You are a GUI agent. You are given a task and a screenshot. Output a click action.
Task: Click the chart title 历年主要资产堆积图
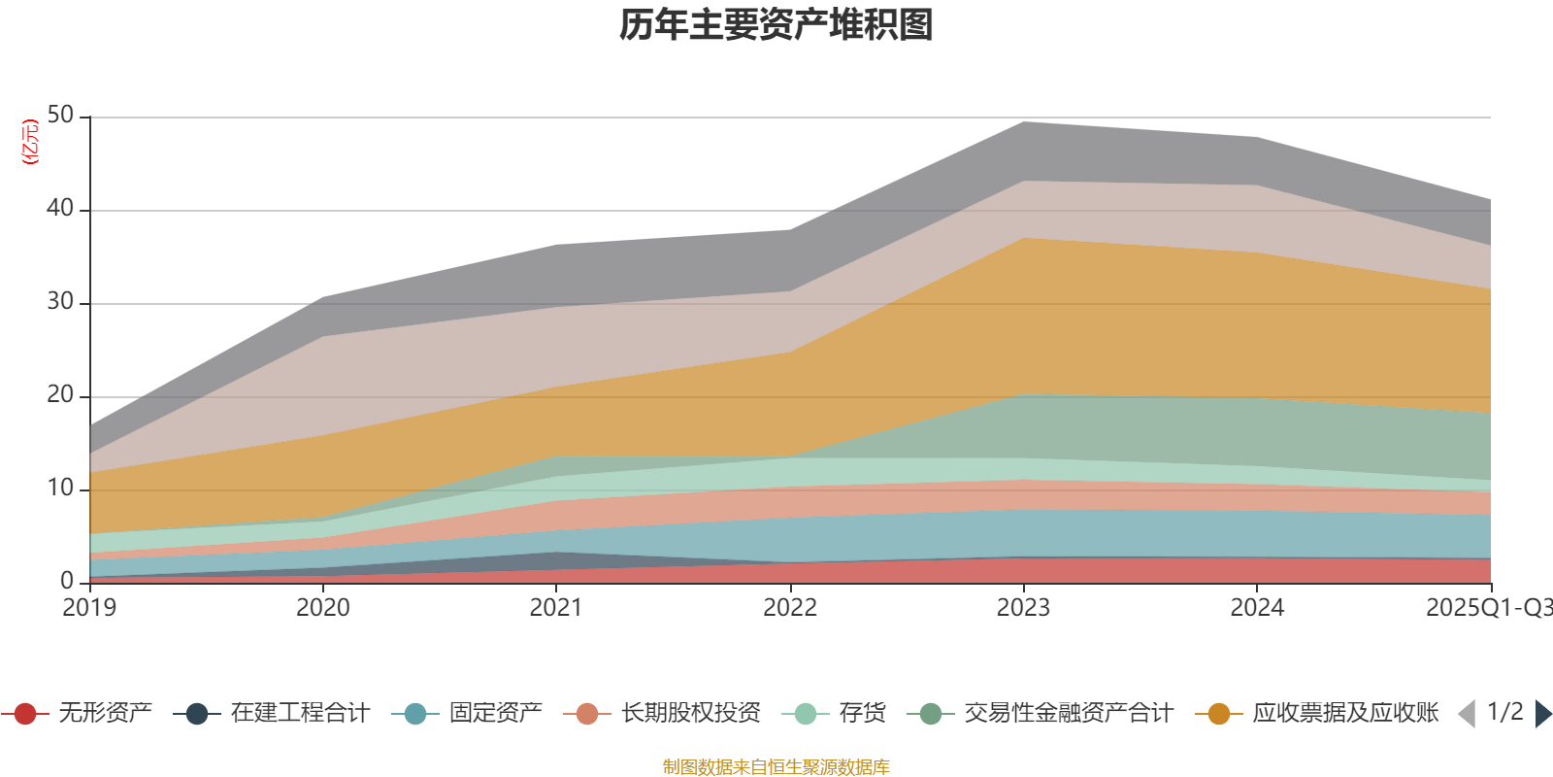776,25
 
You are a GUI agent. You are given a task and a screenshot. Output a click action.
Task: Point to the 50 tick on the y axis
60,116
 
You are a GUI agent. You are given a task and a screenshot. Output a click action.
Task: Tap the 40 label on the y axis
60,208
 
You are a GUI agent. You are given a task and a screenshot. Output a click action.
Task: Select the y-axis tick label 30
60,301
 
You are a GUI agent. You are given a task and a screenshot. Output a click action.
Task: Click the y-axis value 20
60,394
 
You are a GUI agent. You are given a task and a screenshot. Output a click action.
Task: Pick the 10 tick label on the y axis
60,488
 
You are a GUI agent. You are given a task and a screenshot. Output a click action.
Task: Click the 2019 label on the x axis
89,608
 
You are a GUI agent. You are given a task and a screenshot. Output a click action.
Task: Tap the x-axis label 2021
556,608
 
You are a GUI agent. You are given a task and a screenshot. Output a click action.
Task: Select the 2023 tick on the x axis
1023,608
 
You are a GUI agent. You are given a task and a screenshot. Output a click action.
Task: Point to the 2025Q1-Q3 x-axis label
1488,608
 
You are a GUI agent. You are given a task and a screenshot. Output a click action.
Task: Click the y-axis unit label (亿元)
30,142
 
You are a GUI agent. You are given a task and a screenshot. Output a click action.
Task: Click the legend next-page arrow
1541,714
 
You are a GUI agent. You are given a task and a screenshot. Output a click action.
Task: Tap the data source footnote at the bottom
776,767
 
